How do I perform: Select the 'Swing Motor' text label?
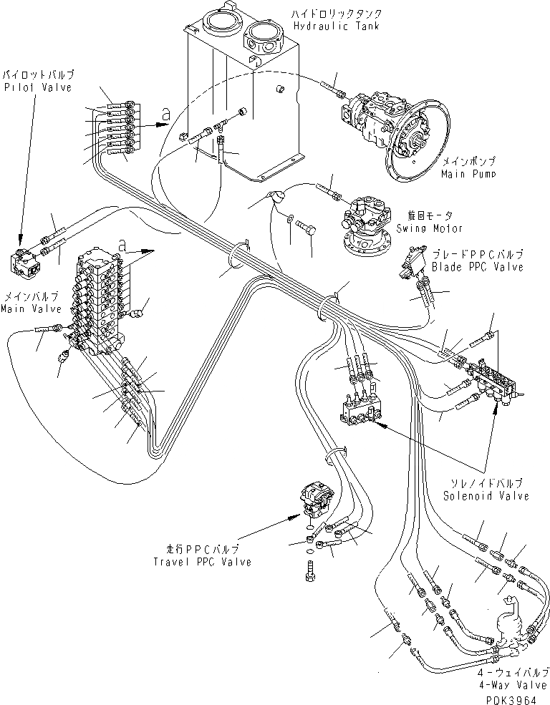click(429, 228)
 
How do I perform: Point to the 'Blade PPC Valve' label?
click(477, 267)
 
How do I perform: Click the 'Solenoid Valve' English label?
click(486, 496)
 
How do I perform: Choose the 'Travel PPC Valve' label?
click(203, 562)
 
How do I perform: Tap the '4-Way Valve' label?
click(516, 684)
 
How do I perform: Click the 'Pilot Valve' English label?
click(28, 87)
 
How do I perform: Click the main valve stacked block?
click(97, 301)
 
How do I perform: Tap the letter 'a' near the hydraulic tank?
click(166, 112)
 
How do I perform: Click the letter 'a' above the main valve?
click(122, 245)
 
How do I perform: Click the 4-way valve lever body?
click(510, 619)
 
